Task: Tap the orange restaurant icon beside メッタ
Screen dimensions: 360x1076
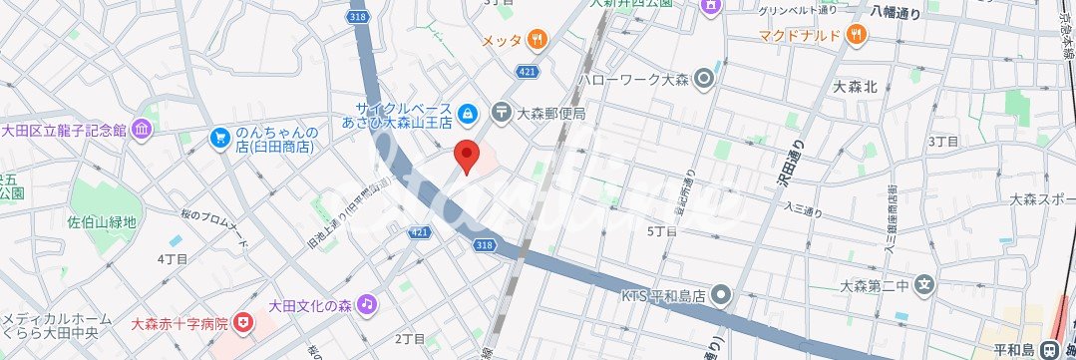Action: click(538, 40)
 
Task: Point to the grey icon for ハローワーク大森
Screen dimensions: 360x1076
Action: click(705, 77)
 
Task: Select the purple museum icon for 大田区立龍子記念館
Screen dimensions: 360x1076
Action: click(142, 130)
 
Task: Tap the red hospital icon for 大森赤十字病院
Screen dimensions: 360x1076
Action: click(243, 324)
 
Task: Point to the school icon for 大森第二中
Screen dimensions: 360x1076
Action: click(925, 285)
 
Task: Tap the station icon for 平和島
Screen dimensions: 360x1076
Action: click(1048, 350)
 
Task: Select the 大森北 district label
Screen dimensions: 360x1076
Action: click(855, 87)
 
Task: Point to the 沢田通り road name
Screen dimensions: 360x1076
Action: click(780, 167)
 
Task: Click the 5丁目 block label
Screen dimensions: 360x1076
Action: click(662, 230)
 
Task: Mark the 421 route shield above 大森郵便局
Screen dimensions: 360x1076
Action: click(529, 70)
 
